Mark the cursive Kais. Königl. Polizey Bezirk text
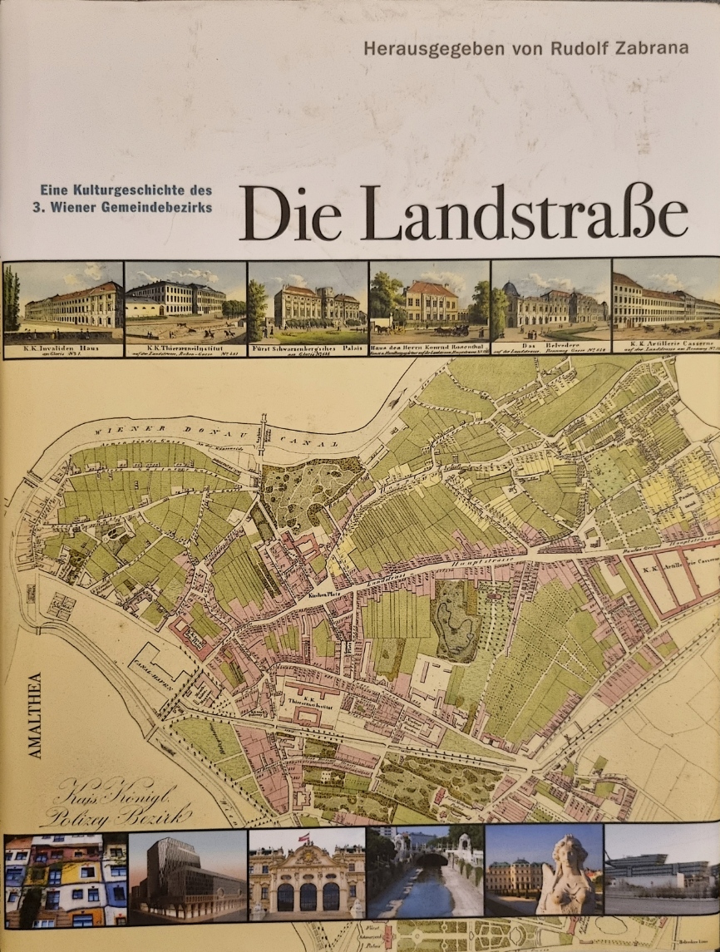point(113,802)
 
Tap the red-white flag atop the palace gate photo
point(308,837)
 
